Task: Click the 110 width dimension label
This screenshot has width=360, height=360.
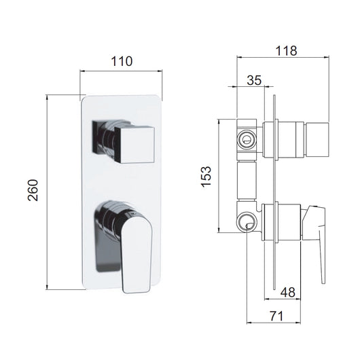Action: pos(122,61)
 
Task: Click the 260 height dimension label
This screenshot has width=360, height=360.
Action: pos(33,190)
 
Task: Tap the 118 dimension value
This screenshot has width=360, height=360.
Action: pos(286,51)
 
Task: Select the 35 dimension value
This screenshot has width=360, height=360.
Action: pos(254,80)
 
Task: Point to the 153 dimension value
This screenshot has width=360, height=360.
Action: pos(206,177)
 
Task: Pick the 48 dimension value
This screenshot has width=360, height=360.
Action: pos(288,292)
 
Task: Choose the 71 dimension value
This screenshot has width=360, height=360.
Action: pos(276,316)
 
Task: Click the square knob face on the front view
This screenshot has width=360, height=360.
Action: pos(134,145)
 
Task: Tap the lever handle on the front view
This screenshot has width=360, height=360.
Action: pos(137,255)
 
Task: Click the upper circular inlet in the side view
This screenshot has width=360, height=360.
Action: pos(246,140)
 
